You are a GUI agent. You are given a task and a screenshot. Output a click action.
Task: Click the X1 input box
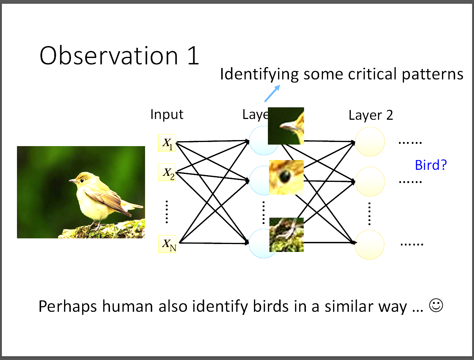coord(167,143)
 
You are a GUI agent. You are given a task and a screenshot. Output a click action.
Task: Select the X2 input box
coord(167,172)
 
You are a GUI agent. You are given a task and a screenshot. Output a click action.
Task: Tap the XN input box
coord(167,244)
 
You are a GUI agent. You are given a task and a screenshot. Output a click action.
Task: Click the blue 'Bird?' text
coord(431,165)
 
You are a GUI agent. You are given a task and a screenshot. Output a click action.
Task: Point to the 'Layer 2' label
coord(371,115)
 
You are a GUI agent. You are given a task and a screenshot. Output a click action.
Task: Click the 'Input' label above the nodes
coord(167,114)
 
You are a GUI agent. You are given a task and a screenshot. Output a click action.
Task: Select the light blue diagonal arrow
coord(272,93)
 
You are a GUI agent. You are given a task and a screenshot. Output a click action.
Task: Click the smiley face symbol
coord(436,305)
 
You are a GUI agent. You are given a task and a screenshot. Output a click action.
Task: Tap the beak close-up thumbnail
coord(286,126)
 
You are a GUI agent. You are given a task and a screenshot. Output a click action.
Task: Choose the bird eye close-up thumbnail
coord(286,177)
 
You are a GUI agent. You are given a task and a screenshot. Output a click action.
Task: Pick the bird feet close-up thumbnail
coord(287,235)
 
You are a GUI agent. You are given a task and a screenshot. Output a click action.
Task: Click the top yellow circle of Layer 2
coord(370,142)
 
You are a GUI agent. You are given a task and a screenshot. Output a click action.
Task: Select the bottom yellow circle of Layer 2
coord(370,245)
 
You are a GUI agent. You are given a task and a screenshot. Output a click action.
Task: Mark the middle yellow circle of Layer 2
coord(370,182)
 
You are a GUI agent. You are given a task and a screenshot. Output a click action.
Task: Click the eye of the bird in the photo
coord(82,180)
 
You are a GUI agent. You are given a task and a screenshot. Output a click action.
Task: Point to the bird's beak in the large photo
coord(73,181)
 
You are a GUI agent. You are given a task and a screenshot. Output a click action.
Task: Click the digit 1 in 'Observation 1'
coord(193,55)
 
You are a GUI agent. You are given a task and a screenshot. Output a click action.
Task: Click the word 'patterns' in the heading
coord(433,75)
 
